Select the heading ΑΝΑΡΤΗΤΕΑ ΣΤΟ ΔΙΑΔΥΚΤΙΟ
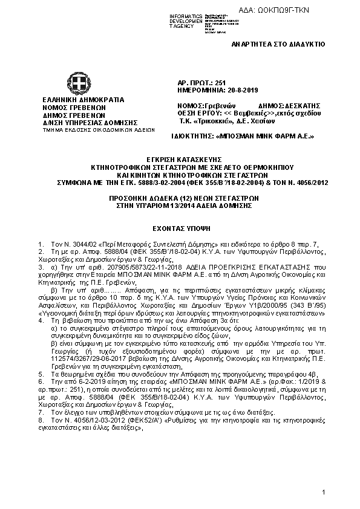tap(278, 44)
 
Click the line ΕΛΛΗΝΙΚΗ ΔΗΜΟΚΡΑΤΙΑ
tap(83, 99)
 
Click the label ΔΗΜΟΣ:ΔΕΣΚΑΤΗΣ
tap(284, 105)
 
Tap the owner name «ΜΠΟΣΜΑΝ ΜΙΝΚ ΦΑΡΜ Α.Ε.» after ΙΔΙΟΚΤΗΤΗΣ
tap(265, 136)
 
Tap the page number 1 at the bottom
tap(324, 493)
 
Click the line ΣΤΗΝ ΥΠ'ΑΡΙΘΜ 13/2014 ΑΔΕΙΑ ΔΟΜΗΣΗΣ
tap(180, 206)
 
